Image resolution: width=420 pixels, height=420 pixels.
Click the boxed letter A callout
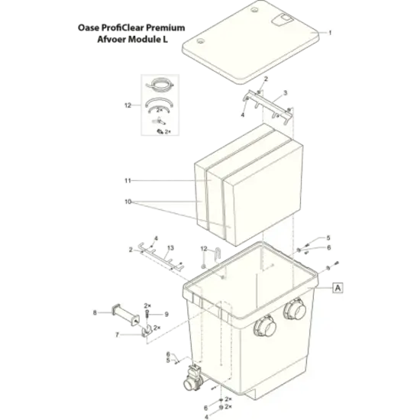coord(338,288)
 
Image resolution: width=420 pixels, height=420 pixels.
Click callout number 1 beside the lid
coord(330,33)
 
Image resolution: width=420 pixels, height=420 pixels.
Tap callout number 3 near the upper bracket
coord(286,92)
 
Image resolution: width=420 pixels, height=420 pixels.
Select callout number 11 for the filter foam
coord(128,181)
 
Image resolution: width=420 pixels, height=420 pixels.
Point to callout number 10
coord(128,202)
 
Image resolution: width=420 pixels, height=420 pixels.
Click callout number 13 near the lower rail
coord(170,248)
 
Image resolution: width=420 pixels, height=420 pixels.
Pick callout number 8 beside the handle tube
coord(95,312)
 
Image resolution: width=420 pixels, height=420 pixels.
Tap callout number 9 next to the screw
coord(166,314)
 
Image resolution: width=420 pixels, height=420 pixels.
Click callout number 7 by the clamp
coord(117,334)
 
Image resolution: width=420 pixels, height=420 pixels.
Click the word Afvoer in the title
coord(111,39)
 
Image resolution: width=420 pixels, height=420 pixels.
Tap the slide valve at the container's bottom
coord(193,377)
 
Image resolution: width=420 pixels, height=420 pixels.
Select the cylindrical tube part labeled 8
coord(125,315)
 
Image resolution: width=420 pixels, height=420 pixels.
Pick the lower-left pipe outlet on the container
coord(265,326)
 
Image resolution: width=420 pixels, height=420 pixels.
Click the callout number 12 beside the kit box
coord(128,105)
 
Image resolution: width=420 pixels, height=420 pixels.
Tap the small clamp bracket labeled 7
coord(147,331)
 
